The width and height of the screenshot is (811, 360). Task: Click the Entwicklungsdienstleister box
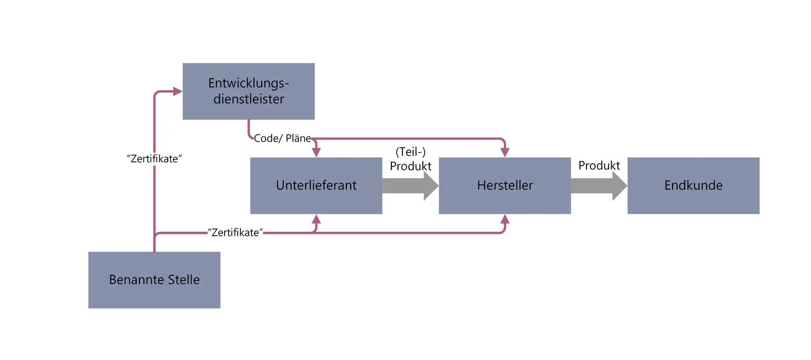tap(248, 91)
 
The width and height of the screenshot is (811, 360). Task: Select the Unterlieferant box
tap(316, 186)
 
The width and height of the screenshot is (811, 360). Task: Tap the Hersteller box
tap(504, 186)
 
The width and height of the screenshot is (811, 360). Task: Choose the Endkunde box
tap(693, 186)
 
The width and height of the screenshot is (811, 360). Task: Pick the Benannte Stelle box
tap(154, 280)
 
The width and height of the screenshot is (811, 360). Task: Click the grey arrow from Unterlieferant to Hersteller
tap(410, 186)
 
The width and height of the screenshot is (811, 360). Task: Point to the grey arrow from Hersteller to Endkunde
tap(598, 186)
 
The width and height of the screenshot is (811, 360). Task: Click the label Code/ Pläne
tap(282, 138)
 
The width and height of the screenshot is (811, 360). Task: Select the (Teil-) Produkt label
tap(411, 159)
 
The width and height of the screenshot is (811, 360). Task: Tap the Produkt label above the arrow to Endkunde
tap(599, 166)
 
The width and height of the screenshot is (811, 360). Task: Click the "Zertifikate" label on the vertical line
tap(154, 159)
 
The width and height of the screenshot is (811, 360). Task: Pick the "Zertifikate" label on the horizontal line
tap(235, 233)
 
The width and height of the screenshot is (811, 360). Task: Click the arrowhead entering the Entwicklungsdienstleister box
tap(177, 92)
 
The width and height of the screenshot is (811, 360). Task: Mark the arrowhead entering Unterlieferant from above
tap(316, 152)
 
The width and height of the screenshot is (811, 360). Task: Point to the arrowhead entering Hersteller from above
tap(505, 152)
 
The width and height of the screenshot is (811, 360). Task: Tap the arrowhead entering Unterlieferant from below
tap(316, 220)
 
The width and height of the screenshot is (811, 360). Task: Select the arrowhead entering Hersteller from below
tap(505, 220)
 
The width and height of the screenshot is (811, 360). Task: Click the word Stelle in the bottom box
tap(183, 280)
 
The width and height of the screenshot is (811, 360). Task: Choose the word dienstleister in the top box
tap(248, 99)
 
